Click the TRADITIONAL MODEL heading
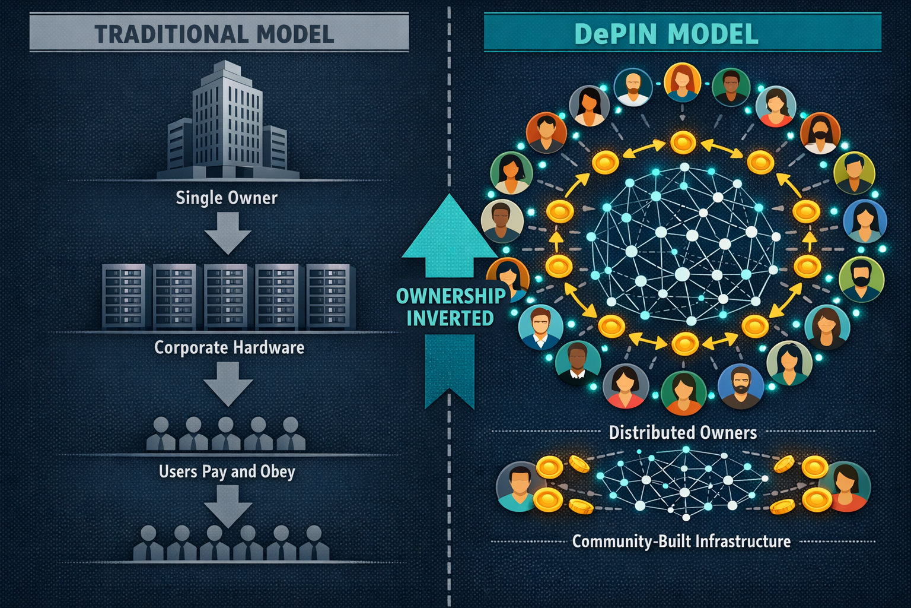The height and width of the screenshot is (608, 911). click(214, 34)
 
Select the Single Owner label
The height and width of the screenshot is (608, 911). click(227, 198)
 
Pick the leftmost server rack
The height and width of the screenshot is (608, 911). click(124, 297)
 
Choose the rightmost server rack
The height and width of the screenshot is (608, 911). click(330, 297)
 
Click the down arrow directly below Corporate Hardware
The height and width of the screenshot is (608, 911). click(228, 384)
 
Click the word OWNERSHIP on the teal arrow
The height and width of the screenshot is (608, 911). click(451, 296)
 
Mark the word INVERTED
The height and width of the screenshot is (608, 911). click(450, 318)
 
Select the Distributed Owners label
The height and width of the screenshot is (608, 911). click(683, 432)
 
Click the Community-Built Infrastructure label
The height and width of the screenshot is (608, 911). click(681, 541)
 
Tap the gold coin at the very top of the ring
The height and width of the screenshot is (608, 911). click(683, 142)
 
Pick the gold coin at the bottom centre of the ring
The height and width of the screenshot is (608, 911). click(684, 343)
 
